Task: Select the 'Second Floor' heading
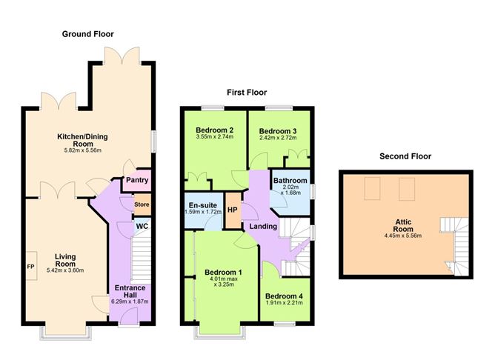(x=405, y=156)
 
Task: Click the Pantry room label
(x=137, y=180)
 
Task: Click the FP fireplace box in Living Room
(x=31, y=266)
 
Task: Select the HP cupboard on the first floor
(x=231, y=210)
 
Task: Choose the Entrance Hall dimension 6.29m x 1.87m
(x=130, y=301)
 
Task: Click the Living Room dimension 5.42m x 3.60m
(x=65, y=270)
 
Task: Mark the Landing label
(x=263, y=227)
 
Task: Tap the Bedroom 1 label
(x=223, y=273)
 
